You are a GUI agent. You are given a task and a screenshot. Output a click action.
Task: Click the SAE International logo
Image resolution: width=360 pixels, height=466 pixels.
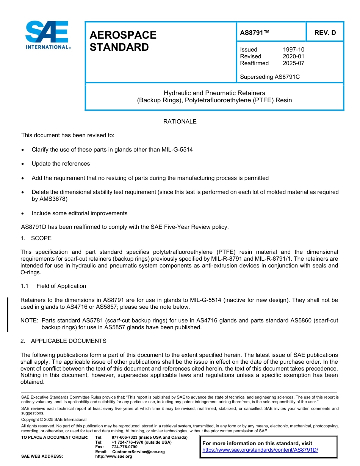(x=47, y=35)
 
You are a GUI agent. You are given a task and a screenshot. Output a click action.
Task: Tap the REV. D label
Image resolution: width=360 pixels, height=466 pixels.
(x=325, y=33)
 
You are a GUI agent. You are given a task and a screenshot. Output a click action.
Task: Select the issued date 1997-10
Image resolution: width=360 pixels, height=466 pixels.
(x=293, y=50)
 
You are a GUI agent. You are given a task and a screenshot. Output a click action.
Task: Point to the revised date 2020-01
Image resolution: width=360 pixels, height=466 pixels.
(x=293, y=56)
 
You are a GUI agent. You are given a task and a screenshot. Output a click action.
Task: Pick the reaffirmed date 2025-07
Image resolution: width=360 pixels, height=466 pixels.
(x=293, y=63)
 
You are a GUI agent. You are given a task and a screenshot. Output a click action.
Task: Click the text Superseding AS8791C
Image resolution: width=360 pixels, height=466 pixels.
(x=269, y=77)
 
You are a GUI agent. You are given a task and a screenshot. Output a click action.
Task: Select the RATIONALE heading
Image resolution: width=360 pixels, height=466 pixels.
(x=180, y=122)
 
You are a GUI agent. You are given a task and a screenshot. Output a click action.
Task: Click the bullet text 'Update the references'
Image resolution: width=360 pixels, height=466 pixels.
(x=61, y=164)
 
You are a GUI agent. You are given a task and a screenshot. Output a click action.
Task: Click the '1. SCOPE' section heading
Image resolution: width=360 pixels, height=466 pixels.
(x=36, y=238)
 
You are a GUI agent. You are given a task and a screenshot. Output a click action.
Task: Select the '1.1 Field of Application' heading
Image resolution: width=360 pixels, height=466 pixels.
(x=53, y=286)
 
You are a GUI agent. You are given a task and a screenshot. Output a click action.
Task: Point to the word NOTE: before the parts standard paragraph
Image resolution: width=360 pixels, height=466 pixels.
(x=29, y=321)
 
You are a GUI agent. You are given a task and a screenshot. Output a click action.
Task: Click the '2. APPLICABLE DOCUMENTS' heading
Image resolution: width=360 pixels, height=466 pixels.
(x=63, y=341)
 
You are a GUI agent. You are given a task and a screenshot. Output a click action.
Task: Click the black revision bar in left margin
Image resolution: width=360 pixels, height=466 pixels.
(x=8, y=314)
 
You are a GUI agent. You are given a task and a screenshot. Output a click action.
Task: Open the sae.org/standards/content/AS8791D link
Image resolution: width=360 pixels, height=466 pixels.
(x=260, y=450)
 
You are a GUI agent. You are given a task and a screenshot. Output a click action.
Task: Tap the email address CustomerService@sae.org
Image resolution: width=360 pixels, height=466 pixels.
(x=138, y=452)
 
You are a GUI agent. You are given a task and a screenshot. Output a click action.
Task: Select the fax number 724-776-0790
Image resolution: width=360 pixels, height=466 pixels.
(x=124, y=447)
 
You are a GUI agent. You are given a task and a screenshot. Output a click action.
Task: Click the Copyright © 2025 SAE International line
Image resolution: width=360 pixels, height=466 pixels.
(x=54, y=419)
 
